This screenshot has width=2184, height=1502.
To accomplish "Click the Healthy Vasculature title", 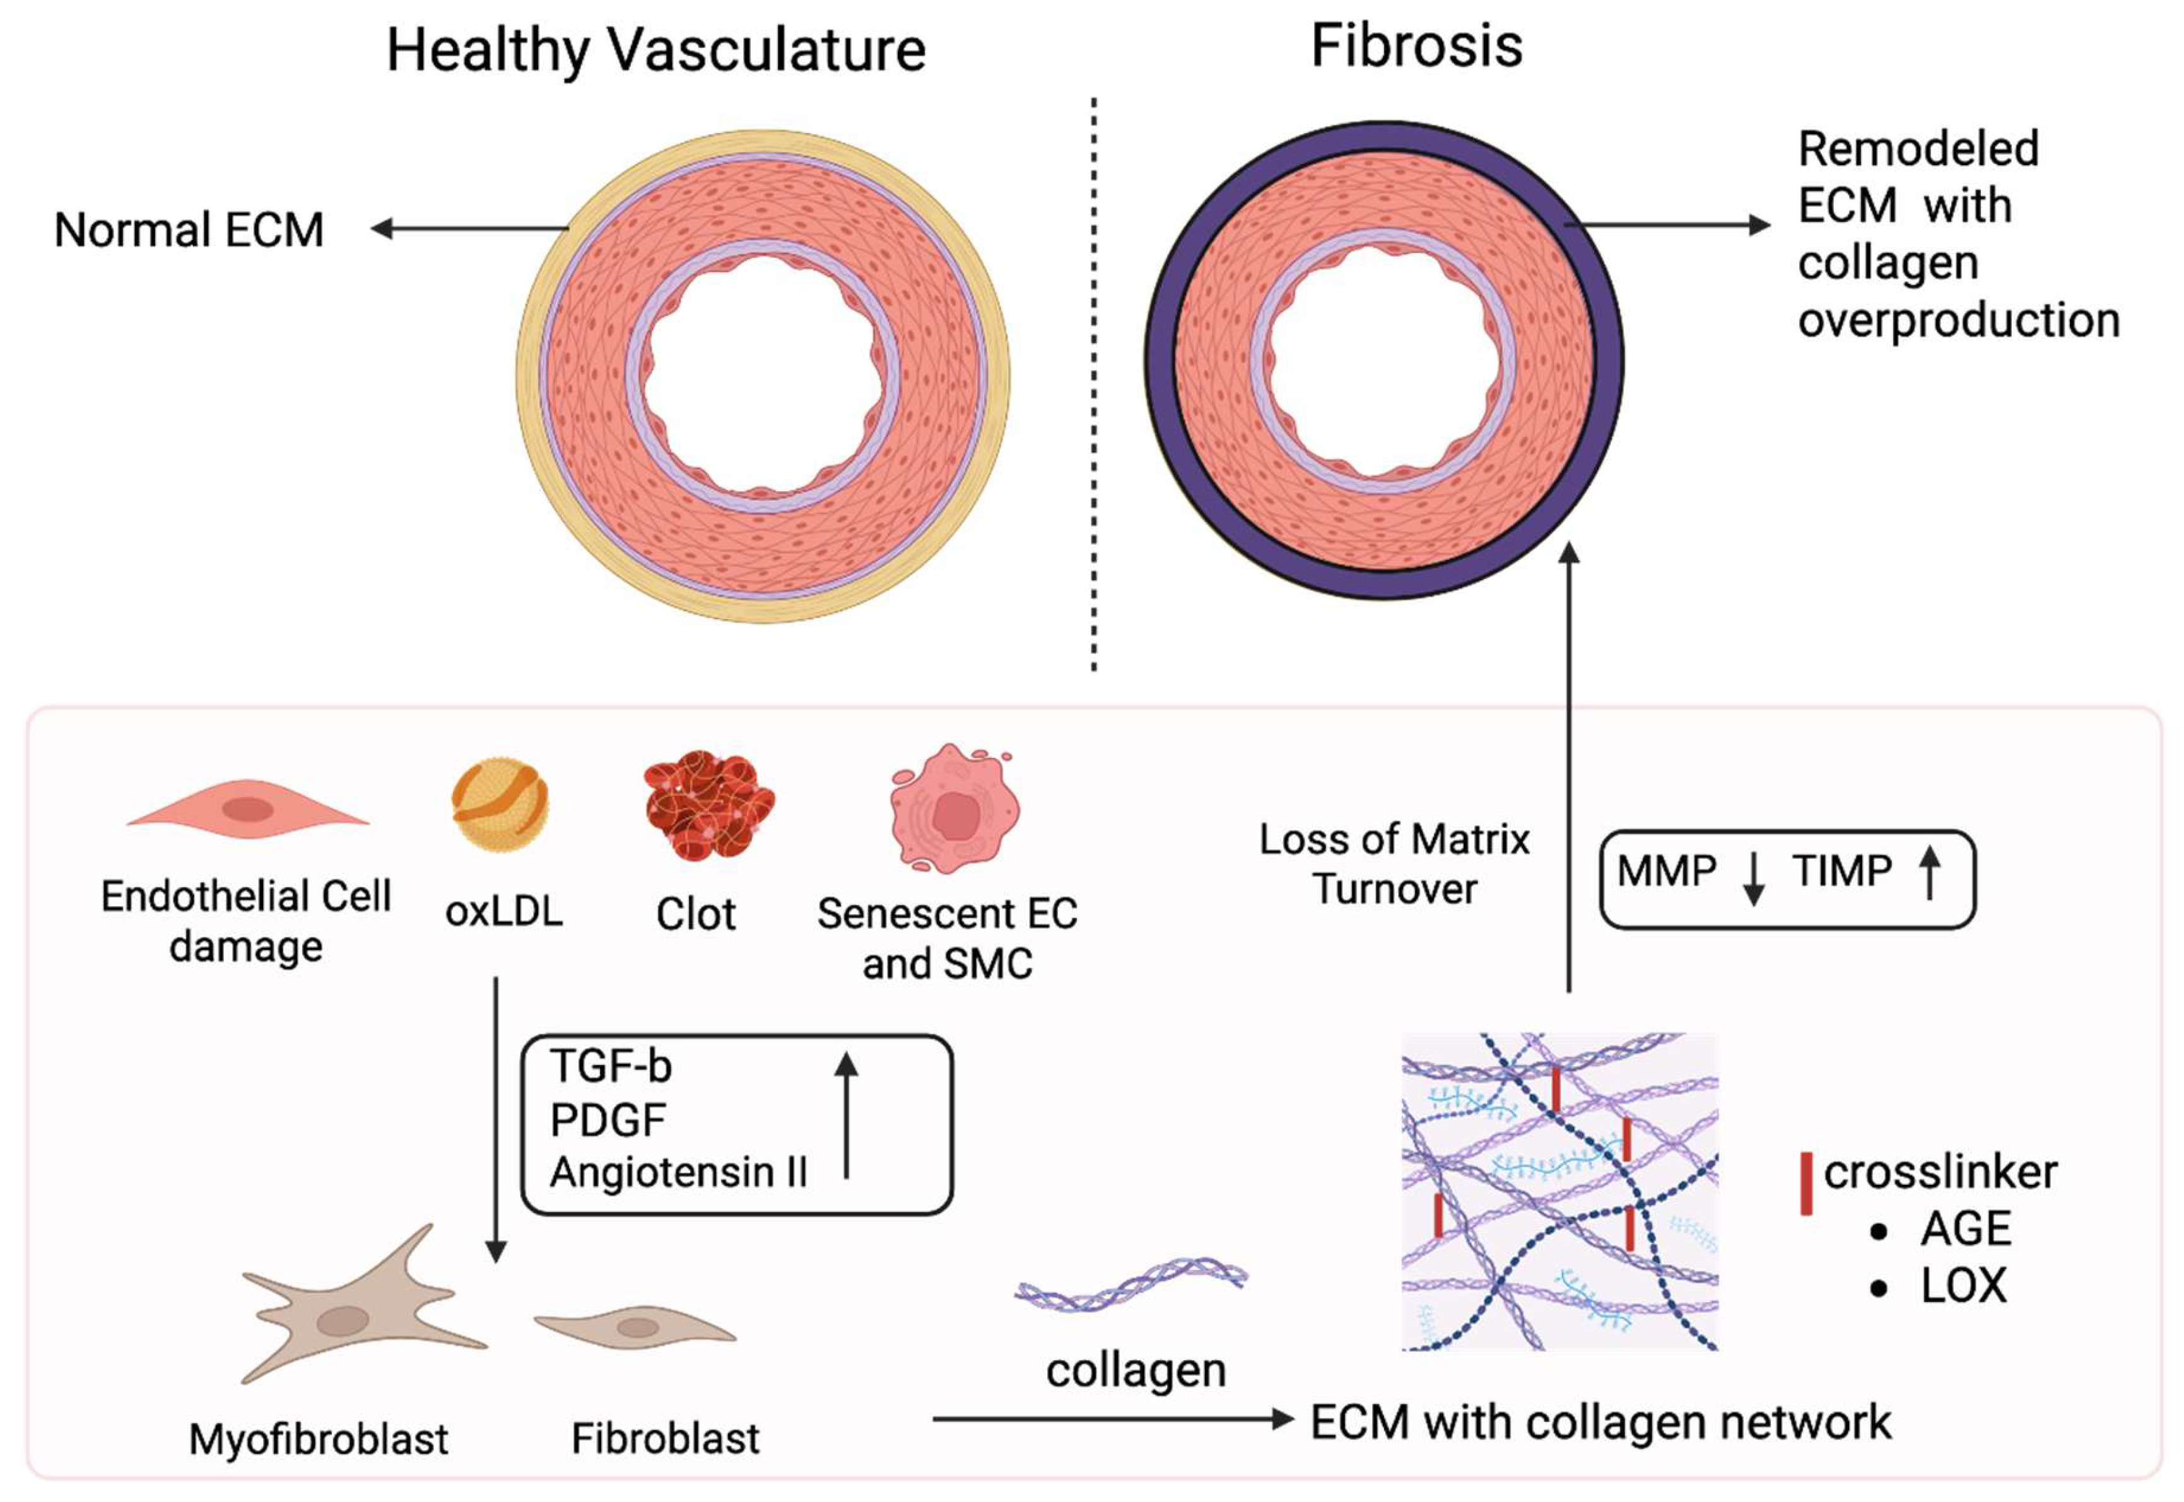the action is tap(656, 51).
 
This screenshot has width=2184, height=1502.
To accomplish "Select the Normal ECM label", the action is tap(189, 230).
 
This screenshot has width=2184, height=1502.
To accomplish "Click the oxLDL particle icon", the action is tap(500, 805).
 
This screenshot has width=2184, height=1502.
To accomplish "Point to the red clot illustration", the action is tap(709, 805).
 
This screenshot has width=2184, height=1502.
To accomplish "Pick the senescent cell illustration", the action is tap(954, 808).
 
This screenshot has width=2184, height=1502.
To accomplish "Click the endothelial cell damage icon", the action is tap(247, 808).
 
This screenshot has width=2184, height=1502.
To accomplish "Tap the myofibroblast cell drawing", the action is tap(363, 1303).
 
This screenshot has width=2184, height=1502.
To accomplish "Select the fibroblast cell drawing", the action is tap(635, 1326).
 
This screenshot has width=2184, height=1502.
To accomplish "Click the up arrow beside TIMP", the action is tap(1930, 871).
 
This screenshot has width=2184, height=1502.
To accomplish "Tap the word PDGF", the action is tap(608, 1120).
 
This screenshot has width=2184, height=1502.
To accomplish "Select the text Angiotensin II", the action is tap(679, 1173).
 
